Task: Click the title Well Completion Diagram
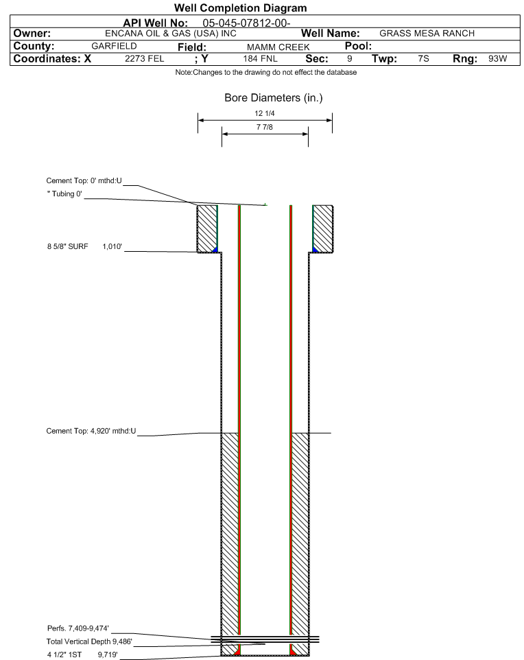[240, 8]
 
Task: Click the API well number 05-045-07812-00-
[246, 23]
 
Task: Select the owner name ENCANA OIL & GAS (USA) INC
[171, 34]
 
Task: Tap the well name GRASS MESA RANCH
[427, 33]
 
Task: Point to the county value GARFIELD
[114, 46]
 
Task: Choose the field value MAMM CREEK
[278, 47]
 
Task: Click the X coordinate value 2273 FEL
[144, 58]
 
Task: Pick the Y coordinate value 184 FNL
[260, 58]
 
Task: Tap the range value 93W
[497, 58]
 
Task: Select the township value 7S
[423, 58]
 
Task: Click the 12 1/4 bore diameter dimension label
[265, 113]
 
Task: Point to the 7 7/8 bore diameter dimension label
[265, 127]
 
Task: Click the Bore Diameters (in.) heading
[274, 97]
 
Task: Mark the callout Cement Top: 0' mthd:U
[84, 180]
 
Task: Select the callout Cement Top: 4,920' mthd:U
[91, 431]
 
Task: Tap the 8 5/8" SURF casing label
[67, 246]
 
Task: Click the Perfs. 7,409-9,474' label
[78, 628]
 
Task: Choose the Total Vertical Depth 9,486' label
[89, 641]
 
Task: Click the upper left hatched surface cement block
[207, 228]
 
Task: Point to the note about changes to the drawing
[266, 73]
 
